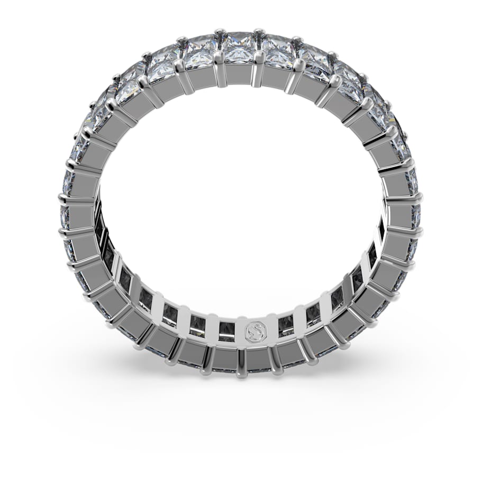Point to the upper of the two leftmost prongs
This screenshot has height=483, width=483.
tap(63, 199)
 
